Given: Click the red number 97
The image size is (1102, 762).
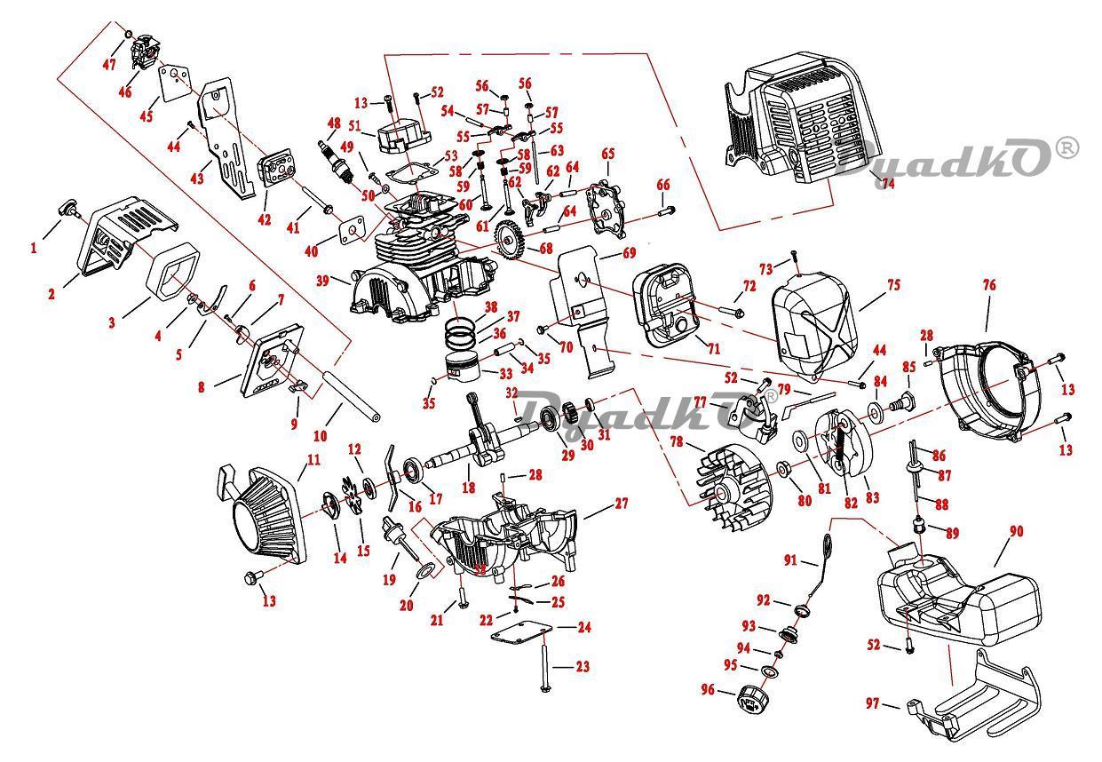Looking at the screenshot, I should click(873, 704).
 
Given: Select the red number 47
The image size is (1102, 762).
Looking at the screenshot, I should click(109, 65).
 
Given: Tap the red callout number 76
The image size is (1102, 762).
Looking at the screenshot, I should click(988, 285).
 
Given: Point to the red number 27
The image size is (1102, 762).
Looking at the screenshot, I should click(621, 504).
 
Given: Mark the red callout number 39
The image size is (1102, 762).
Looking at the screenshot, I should click(322, 281).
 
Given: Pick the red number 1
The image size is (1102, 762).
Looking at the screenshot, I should click(34, 248).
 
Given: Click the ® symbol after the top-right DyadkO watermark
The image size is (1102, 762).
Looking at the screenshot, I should click(1067, 147).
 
